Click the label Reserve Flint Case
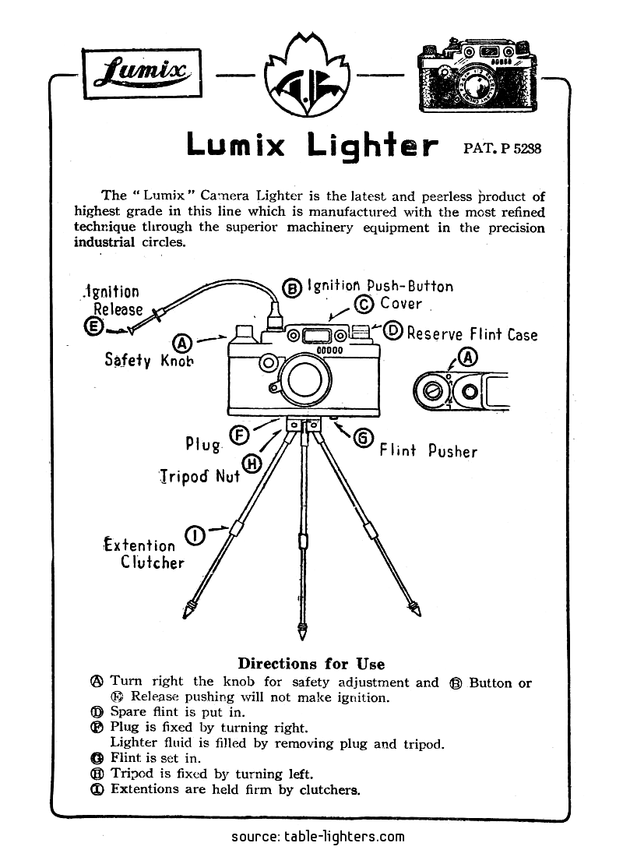click(x=472, y=334)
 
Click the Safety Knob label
click(x=149, y=360)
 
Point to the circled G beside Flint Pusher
click(x=363, y=439)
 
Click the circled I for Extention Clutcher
click(x=196, y=535)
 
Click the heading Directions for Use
click(x=311, y=664)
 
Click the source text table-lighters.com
click(x=318, y=837)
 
